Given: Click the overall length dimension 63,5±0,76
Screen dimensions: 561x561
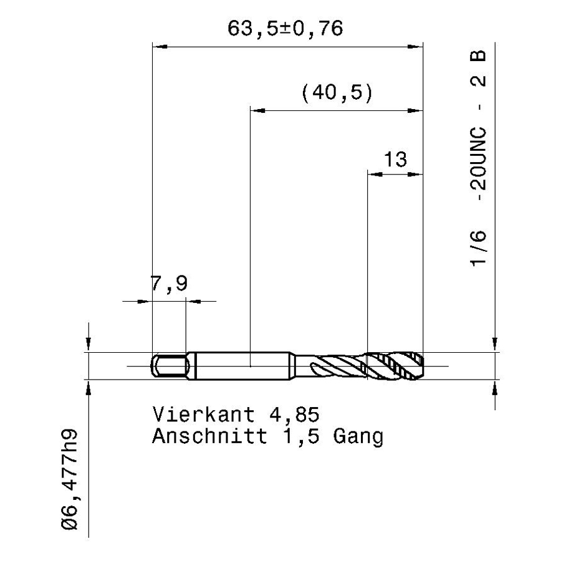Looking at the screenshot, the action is click(285, 29).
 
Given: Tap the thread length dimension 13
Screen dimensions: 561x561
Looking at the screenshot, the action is click(395, 160).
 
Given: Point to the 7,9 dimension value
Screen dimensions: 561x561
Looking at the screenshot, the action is click(169, 284).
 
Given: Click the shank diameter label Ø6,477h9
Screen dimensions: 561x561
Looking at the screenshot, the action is click(69, 479).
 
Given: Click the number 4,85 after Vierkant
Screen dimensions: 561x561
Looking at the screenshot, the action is click(294, 415).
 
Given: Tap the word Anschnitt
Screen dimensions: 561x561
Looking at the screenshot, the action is click(209, 436).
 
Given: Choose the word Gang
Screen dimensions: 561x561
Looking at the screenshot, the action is click(358, 437).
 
